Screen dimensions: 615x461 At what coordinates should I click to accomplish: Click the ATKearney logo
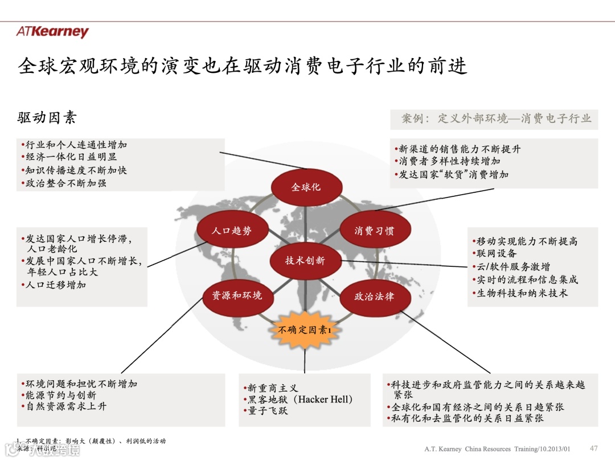pyautogui.click(x=52, y=32)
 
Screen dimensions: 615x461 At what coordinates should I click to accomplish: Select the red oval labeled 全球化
pyautogui.click(x=306, y=187)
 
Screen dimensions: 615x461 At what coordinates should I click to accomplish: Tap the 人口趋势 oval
pyautogui.click(x=231, y=230)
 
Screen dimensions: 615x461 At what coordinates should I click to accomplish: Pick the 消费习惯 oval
pyautogui.click(x=374, y=230)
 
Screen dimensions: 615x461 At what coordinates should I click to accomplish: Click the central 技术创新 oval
pyautogui.click(x=305, y=261)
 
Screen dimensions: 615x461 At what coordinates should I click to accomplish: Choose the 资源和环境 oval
pyautogui.click(x=237, y=295)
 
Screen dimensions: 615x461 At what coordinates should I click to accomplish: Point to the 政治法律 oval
pyautogui.click(x=374, y=297)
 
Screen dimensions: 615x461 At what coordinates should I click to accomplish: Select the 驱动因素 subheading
pyautogui.click(x=47, y=118)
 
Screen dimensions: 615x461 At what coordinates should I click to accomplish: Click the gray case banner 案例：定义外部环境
pyautogui.click(x=494, y=119)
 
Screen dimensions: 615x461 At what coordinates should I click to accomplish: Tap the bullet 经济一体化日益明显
pyautogui.click(x=71, y=157)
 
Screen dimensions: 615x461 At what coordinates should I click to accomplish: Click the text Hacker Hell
pyautogui.click(x=325, y=400)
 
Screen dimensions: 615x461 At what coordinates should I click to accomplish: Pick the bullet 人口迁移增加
pyautogui.click(x=55, y=285)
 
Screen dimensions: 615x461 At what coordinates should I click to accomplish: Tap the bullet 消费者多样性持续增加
pyautogui.click(x=449, y=162)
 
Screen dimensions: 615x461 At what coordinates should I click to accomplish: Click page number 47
pyautogui.click(x=594, y=448)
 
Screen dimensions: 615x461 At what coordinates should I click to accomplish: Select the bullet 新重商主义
pyautogui.click(x=273, y=388)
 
